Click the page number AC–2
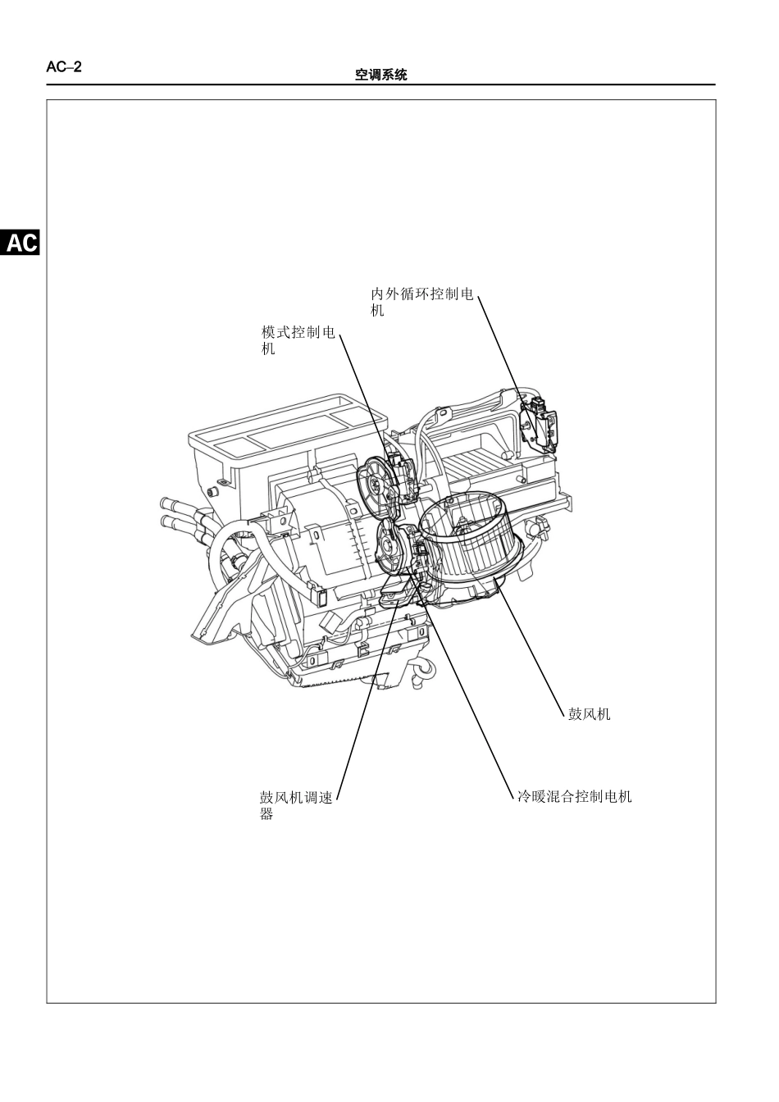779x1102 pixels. [x=64, y=67]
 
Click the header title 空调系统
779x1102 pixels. [x=380, y=75]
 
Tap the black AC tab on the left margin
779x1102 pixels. [x=20, y=242]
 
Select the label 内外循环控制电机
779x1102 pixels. [x=421, y=302]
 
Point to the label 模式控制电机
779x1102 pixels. [x=298, y=340]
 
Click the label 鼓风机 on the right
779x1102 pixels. [x=589, y=714]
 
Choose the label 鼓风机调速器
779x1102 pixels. [x=296, y=805]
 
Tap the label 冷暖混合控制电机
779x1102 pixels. [x=574, y=796]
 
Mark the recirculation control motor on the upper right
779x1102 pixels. [x=539, y=425]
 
